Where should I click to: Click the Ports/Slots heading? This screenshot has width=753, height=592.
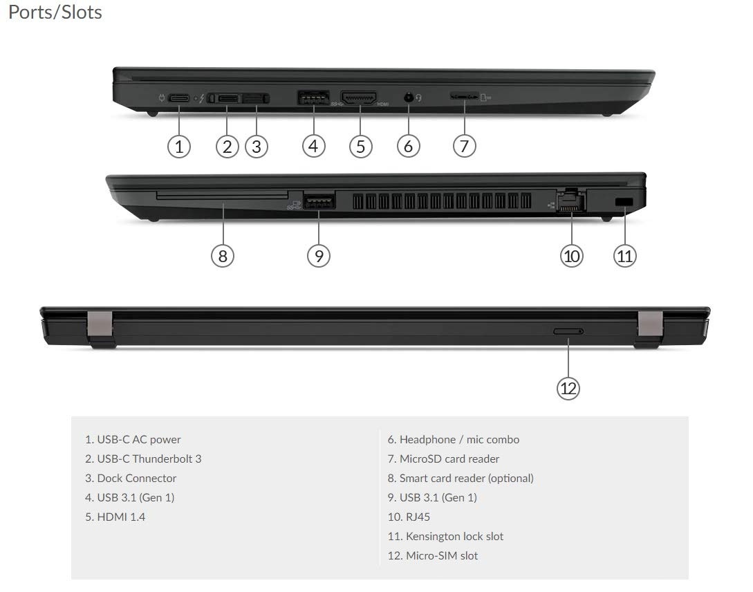(x=55, y=12)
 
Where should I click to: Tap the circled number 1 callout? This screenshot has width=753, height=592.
(x=179, y=146)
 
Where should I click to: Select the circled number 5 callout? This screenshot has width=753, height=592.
(x=360, y=146)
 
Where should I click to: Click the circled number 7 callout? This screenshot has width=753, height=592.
(x=465, y=146)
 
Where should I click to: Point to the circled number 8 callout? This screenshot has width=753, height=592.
(x=223, y=256)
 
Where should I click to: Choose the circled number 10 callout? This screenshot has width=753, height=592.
(x=571, y=256)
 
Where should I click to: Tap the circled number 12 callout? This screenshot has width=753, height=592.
(x=568, y=388)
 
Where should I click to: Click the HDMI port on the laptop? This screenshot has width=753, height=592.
(x=358, y=98)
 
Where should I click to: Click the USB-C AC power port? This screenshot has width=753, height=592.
(x=179, y=98)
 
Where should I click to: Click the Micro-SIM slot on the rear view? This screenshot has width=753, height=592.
(x=568, y=332)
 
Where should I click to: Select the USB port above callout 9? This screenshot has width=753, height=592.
(x=319, y=202)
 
